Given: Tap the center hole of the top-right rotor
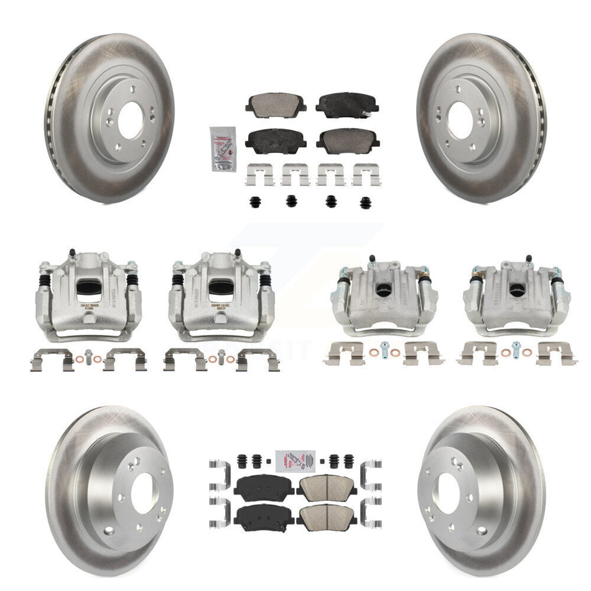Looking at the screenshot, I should click(460, 119).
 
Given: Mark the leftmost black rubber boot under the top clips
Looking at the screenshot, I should click(255, 202).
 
